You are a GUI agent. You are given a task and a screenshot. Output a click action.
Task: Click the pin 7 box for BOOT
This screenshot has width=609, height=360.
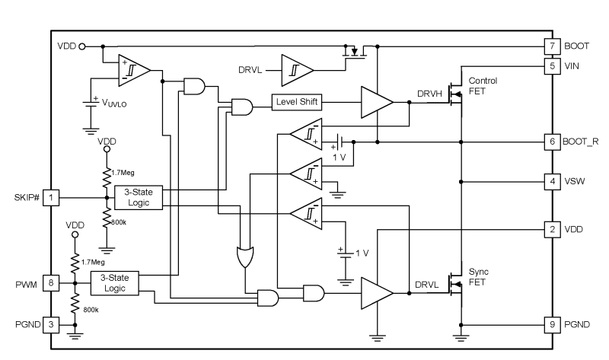coord(551,46)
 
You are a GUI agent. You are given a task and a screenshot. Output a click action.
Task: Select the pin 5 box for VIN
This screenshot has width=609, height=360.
coord(551,66)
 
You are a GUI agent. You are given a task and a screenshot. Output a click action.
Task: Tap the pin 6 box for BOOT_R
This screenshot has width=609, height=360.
coord(551,142)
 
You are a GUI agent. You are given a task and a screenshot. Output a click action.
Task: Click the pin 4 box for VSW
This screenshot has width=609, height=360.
coord(551,182)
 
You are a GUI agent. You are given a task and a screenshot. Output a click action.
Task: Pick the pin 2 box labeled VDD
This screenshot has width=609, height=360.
coord(551,229)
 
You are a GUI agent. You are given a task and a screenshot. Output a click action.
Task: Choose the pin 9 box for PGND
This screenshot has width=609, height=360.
coord(551,323)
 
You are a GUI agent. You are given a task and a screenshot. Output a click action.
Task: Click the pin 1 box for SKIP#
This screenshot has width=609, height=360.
coord(50,198)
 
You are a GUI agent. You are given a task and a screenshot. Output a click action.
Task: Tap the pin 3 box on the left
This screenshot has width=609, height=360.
coord(50,323)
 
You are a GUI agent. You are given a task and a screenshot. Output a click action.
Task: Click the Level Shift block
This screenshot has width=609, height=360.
coord(297,103)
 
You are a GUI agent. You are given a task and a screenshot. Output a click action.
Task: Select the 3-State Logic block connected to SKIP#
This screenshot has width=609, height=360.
coord(138,198)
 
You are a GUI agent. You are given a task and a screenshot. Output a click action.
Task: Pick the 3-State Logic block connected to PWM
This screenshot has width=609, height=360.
coord(113,283)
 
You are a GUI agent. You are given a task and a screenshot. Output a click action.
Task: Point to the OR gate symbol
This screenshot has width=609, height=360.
coord(246,258)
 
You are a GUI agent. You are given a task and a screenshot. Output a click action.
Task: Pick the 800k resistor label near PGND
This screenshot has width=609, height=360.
coord(90,311)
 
